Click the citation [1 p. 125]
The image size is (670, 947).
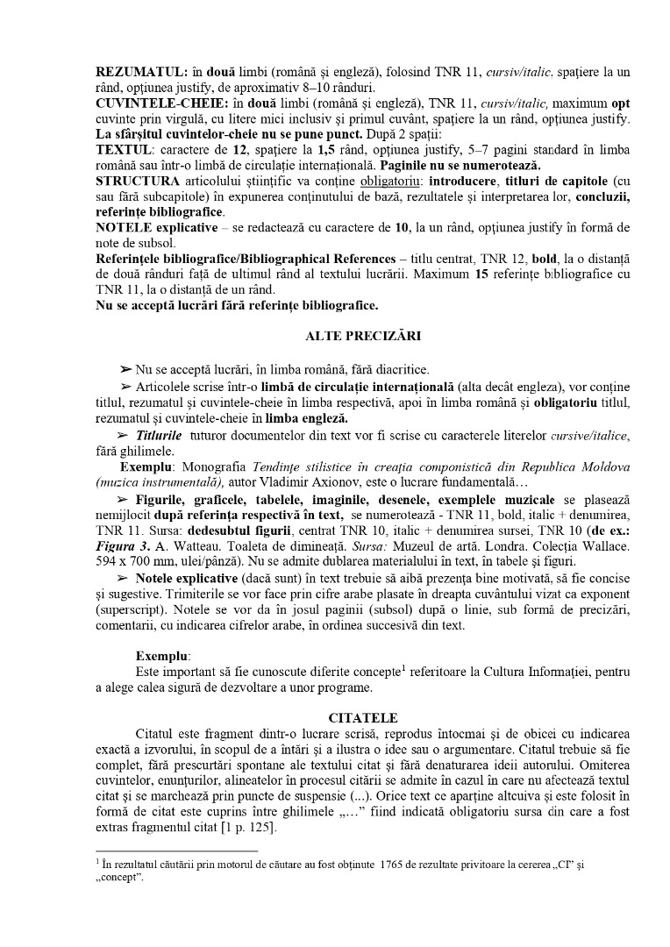(252, 829)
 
